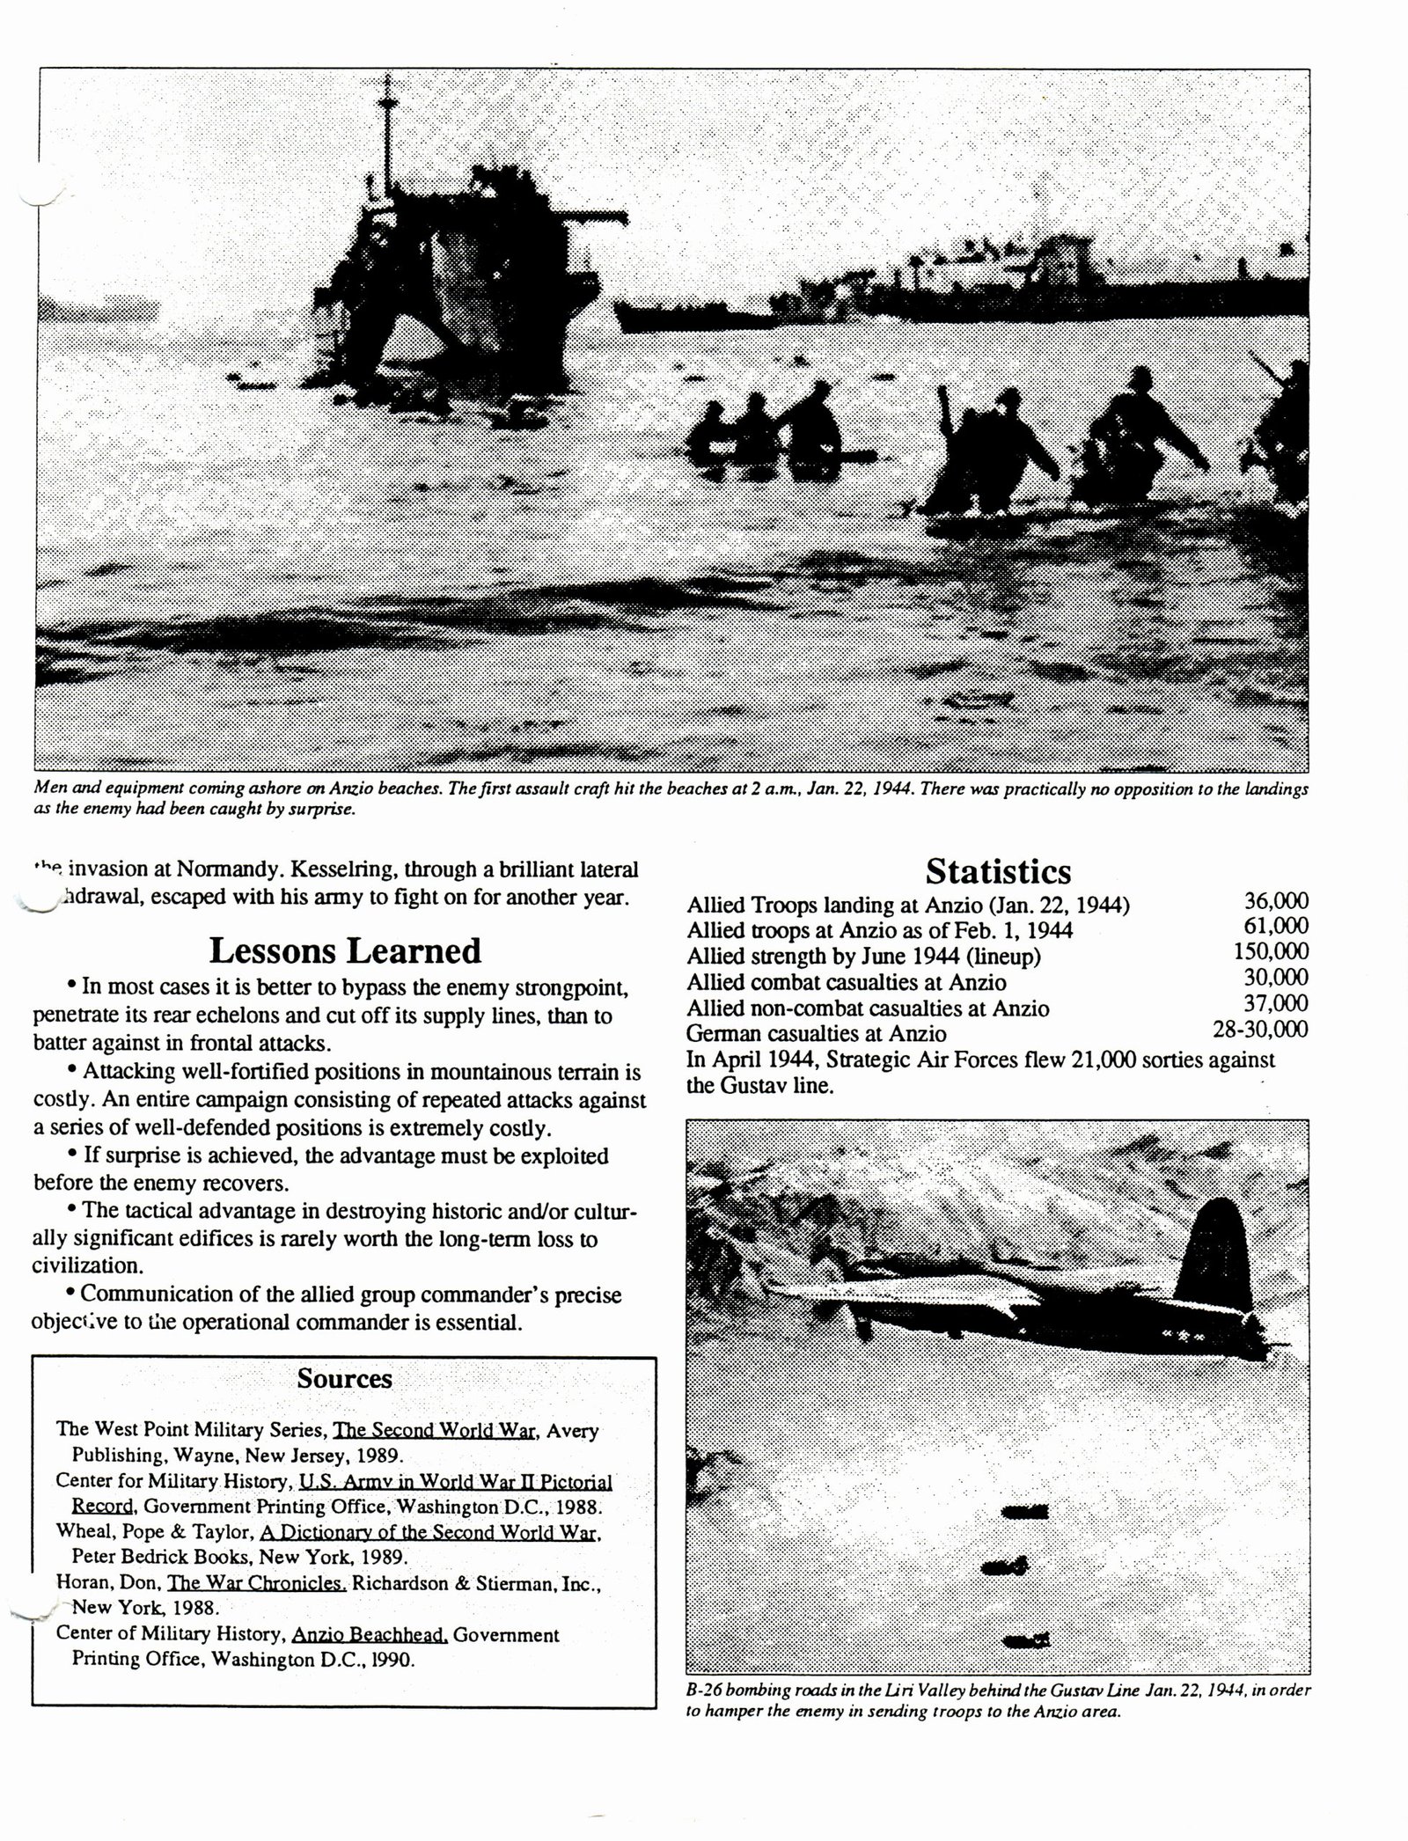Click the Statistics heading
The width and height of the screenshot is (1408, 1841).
point(998,871)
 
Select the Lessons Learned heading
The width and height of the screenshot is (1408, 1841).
point(345,951)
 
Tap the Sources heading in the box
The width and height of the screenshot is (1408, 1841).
point(344,1378)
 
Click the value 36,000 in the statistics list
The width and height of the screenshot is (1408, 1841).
point(1275,901)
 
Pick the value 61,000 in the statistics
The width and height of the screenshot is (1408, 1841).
point(1275,927)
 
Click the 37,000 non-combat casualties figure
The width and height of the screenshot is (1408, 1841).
point(1275,1003)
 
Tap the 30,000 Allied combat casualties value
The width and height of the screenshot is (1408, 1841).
point(1275,978)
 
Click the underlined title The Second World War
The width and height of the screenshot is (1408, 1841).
point(431,1430)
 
